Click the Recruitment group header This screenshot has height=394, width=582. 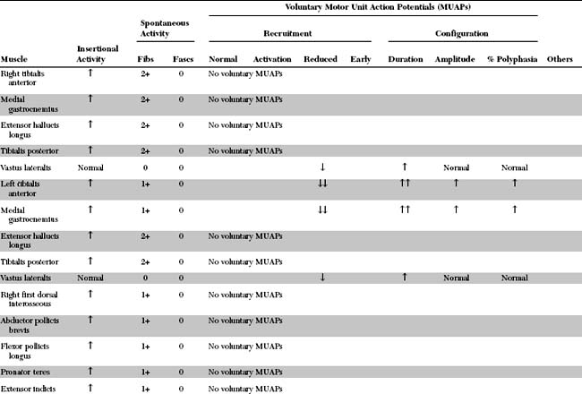pos(287,33)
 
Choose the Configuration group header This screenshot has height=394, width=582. pos(461,33)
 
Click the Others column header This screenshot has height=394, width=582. pos(560,59)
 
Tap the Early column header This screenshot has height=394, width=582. pos(361,59)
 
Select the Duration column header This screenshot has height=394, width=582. pos(406,59)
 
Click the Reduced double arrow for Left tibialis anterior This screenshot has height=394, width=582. pos(321,184)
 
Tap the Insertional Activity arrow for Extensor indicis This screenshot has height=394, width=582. pos(90,388)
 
